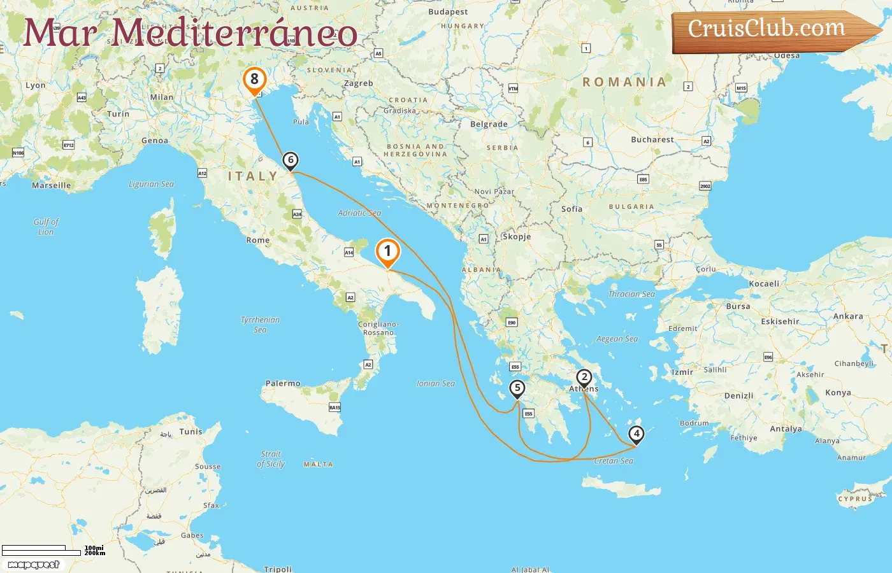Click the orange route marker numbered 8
[x=254, y=80]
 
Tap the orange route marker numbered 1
[x=387, y=251]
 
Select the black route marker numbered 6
[x=291, y=160]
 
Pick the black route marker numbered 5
[x=517, y=388]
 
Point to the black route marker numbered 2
[x=584, y=377]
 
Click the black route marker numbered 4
[x=636, y=434]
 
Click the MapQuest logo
[x=34, y=564]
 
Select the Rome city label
[x=258, y=240]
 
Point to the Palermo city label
[x=283, y=383]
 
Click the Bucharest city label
[x=652, y=139]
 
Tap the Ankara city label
[x=848, y=316]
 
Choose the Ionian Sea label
[x=436, y=383]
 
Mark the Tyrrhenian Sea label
[x=260, y=325]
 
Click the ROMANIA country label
[x=624, y=82]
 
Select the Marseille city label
[x=52, y=185]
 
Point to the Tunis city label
[x=191, y=432]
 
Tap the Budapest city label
[x=448, y=11]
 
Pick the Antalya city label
[x=786, y=428]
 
